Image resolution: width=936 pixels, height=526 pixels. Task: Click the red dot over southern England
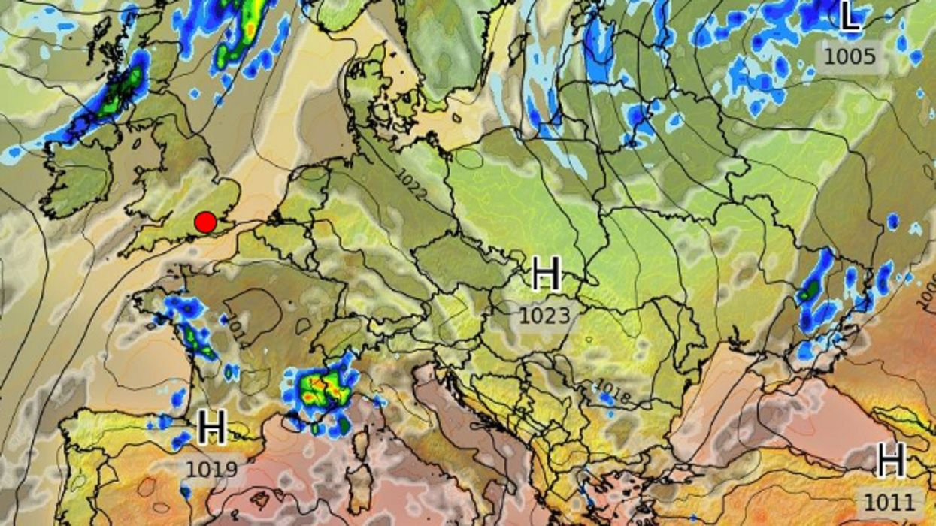(205, 222)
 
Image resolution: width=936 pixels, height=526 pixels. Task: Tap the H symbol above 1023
(546, 274)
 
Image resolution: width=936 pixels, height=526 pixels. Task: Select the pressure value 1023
(545, 316)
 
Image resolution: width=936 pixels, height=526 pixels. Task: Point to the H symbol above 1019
(212, 428)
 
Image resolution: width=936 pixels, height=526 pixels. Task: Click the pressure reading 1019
(212, 470)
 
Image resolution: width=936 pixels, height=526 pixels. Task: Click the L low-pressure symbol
(850, 17)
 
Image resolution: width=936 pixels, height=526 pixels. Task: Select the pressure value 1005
(850, 56)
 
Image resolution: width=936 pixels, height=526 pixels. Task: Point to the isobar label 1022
(413, 184)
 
